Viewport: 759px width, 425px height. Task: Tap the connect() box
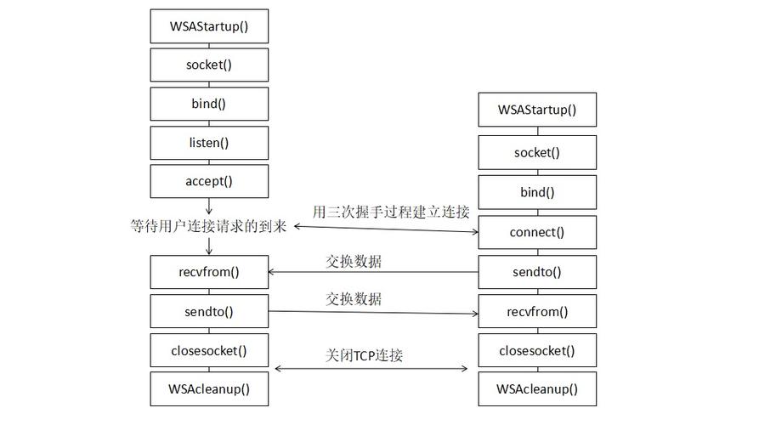(537, 232)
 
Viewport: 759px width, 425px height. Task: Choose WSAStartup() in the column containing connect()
(537, 110)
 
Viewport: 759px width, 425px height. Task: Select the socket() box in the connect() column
(537, 153)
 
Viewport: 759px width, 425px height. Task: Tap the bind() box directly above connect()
(537, 192)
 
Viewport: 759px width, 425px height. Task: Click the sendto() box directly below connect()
(537, 272)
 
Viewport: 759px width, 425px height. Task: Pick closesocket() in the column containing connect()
(537, 350)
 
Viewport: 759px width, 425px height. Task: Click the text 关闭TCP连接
(365, 354)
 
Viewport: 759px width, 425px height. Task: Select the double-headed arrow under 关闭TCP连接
(371, 369)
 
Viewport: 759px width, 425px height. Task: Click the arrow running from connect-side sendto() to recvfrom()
(373, 272)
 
